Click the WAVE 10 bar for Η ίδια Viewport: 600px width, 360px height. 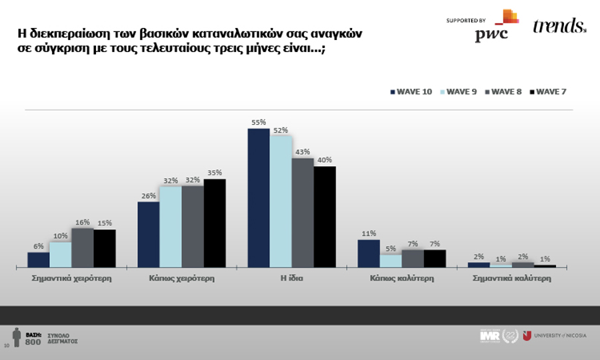(x=259, y=198)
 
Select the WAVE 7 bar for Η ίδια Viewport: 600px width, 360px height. (x=325, y=217)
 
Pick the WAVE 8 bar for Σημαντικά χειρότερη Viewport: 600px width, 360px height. (x=83, y=247)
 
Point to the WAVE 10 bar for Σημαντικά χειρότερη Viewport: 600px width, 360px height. (x=39, y=260)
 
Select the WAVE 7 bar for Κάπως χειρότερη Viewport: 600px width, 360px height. (x=215, y=223)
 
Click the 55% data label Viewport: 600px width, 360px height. (x=259, y=123)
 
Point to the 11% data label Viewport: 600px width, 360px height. (x=369, y=234)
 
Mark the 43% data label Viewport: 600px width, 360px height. (x=303, y=152)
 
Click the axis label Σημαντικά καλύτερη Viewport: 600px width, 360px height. (x=512, y=279)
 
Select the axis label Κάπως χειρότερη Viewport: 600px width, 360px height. (x=182, y=279)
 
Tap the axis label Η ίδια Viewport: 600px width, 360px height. (x=292, y=279)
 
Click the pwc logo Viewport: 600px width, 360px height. (x=493, y=31)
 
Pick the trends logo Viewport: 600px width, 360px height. (x=559, y=27)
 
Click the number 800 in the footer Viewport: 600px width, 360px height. (x=33, y=342)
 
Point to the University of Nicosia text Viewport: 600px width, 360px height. (x=561, y=335)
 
